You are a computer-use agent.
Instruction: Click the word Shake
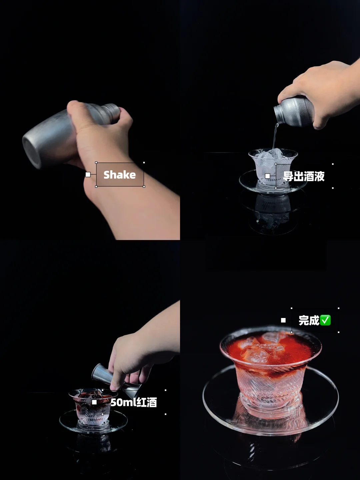pyautogui.click(x=120, y=175)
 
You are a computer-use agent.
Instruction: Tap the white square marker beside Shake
pyautogui.click(x=88, y=175)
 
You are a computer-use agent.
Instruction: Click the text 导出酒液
pyautogui.click(x=304, y=176)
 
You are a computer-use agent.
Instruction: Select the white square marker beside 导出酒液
pyautogui.click(x=268, y=176)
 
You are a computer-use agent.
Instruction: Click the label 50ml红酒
pyautogui.click(x=134, y=402)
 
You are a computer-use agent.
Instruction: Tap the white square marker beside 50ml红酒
pyautogui.click(x=94, y=402)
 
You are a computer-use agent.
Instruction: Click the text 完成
pyautogui.click(x=309, y=320)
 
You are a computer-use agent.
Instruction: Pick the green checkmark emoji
pyautogui.click(x=325, y=320)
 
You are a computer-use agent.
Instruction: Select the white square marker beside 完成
pyautogui.click(x=283, y=320)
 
